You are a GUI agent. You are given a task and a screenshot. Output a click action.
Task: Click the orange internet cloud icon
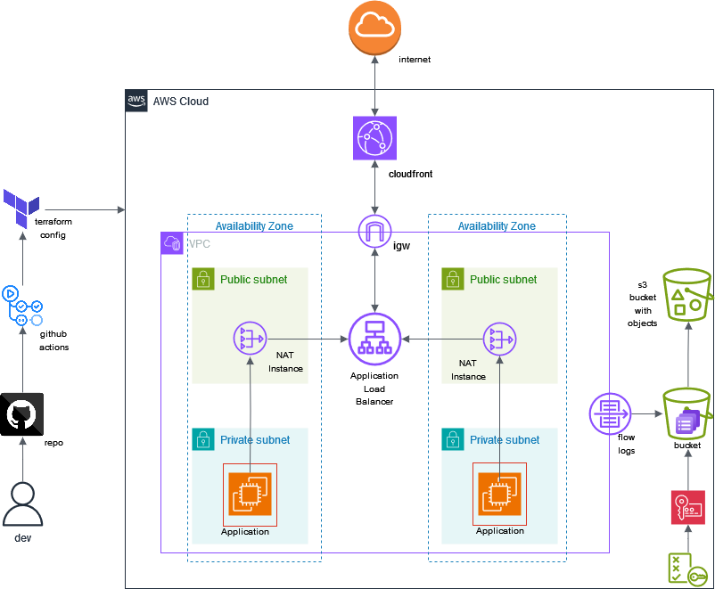pos(374,28)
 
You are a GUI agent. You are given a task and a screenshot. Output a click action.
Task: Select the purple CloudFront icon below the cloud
pos(374,138)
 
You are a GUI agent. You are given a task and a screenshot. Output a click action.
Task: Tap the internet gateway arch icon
pos(374,232)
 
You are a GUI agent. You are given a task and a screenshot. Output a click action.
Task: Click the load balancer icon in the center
pos(374,339)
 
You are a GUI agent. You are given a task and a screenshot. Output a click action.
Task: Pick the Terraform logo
pos(21,209)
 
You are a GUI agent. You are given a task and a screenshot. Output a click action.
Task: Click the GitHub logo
pos(22,414)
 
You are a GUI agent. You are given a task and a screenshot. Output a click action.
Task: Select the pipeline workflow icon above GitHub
pos(22,307)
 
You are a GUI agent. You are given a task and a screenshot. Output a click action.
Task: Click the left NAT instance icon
pos(251,339)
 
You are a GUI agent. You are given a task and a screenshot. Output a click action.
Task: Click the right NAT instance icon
pos(500,339)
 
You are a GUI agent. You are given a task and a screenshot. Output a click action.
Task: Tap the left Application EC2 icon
pos(250,494)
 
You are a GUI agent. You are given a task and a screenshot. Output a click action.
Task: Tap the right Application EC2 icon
pos(499,494)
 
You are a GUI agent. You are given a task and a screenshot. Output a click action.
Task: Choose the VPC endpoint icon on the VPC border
pos(610,413)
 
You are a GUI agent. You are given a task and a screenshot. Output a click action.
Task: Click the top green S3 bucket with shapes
pos(687,295)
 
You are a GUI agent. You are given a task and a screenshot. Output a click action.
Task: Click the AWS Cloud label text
pos(180,102)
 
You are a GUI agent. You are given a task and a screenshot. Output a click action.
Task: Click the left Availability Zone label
pos(254,226)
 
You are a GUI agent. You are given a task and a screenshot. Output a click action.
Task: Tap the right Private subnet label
pos(504,439)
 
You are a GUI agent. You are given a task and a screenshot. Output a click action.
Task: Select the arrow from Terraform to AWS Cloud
pos(85,210)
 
